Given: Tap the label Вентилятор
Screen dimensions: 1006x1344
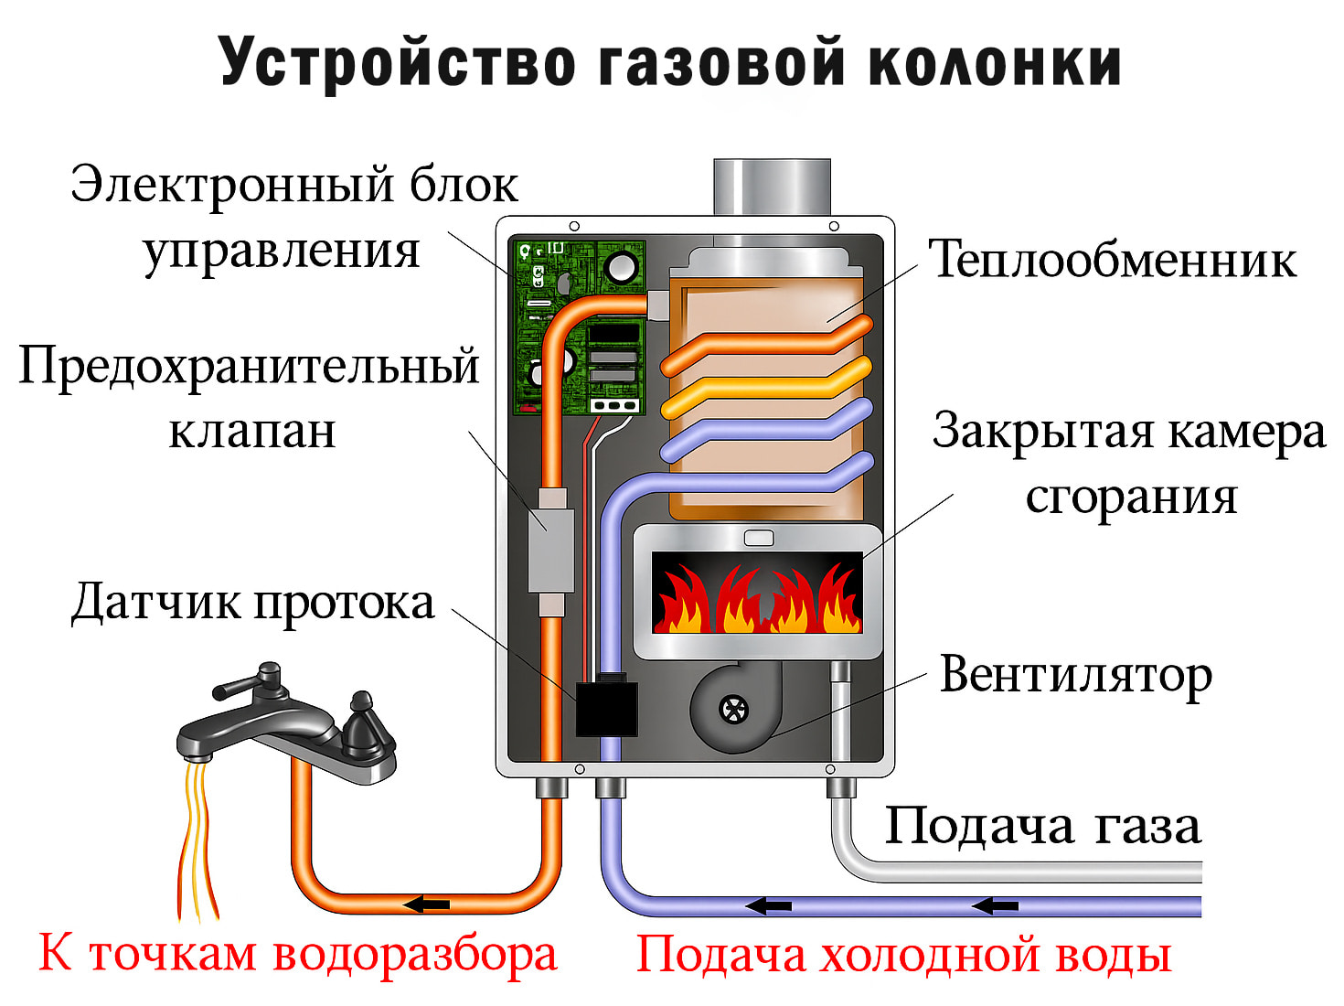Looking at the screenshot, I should (1075, 676).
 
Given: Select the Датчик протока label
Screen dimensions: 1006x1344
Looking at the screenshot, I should (252, 603).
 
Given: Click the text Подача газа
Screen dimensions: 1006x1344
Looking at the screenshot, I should (1041, 826).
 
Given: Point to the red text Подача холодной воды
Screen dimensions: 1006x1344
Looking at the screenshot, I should (903, 955).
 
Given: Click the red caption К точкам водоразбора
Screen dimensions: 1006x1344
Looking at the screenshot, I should (297, 954).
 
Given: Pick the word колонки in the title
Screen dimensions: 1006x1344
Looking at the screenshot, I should (993, 63).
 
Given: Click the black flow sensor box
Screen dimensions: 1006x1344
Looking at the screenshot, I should (606, 708).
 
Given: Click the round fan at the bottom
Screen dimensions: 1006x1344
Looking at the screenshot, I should (733, 709).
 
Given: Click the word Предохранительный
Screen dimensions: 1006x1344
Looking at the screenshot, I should (249, 367).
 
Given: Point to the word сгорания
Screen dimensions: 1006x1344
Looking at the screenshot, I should (1131, 498).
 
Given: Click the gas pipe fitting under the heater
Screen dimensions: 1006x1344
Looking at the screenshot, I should (840, 787).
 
